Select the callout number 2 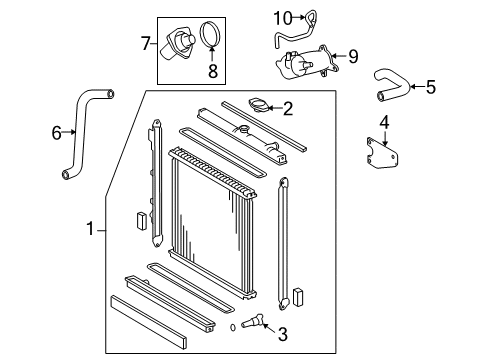(287, 109)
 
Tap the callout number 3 (283, 334)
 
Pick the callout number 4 (383, 123)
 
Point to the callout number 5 (430, 87)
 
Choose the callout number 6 (55, 130)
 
